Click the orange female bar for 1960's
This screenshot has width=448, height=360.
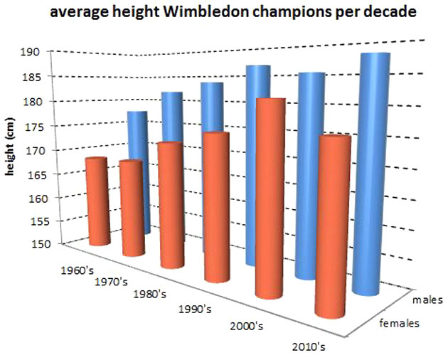point(97,203)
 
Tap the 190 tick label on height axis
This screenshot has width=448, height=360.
point(38,52)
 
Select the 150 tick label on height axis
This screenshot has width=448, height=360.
point(38,245)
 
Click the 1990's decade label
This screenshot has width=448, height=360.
point(195,309)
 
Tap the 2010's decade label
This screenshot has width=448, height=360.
point(309,348)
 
